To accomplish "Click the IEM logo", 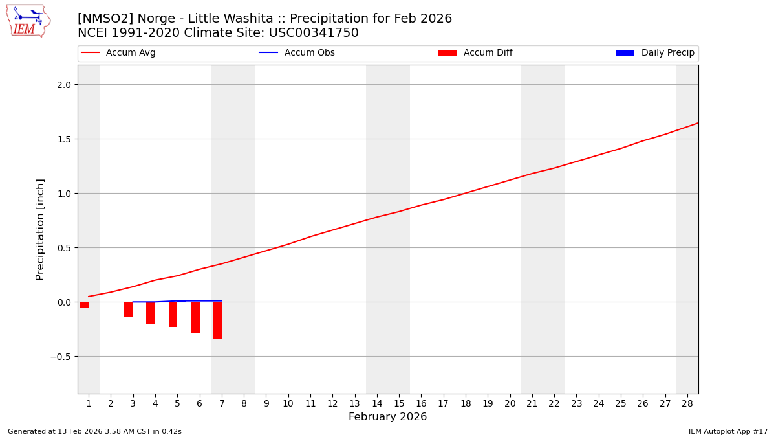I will click(x=28, y=21).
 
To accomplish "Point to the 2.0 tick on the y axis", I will click(x=65, y=85).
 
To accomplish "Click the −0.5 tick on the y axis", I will click(x=62, y=357).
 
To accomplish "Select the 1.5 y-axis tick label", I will click(x=65, y=139).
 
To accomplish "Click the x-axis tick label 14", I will click(x=377, y=403).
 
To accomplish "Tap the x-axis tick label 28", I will click(x=687, y=403).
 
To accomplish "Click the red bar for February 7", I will click(x=217, y=320).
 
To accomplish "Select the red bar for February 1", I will click(x=84, y=304).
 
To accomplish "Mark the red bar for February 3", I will click(x=129, y=309).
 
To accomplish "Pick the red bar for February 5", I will click(x=173, y=314).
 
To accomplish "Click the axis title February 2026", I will click(x=387, y=417).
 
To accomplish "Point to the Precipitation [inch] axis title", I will click(x=40, y=229).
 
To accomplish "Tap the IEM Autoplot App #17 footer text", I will click(x=728, y=431).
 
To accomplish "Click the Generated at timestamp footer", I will click(x=94, y=431).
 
